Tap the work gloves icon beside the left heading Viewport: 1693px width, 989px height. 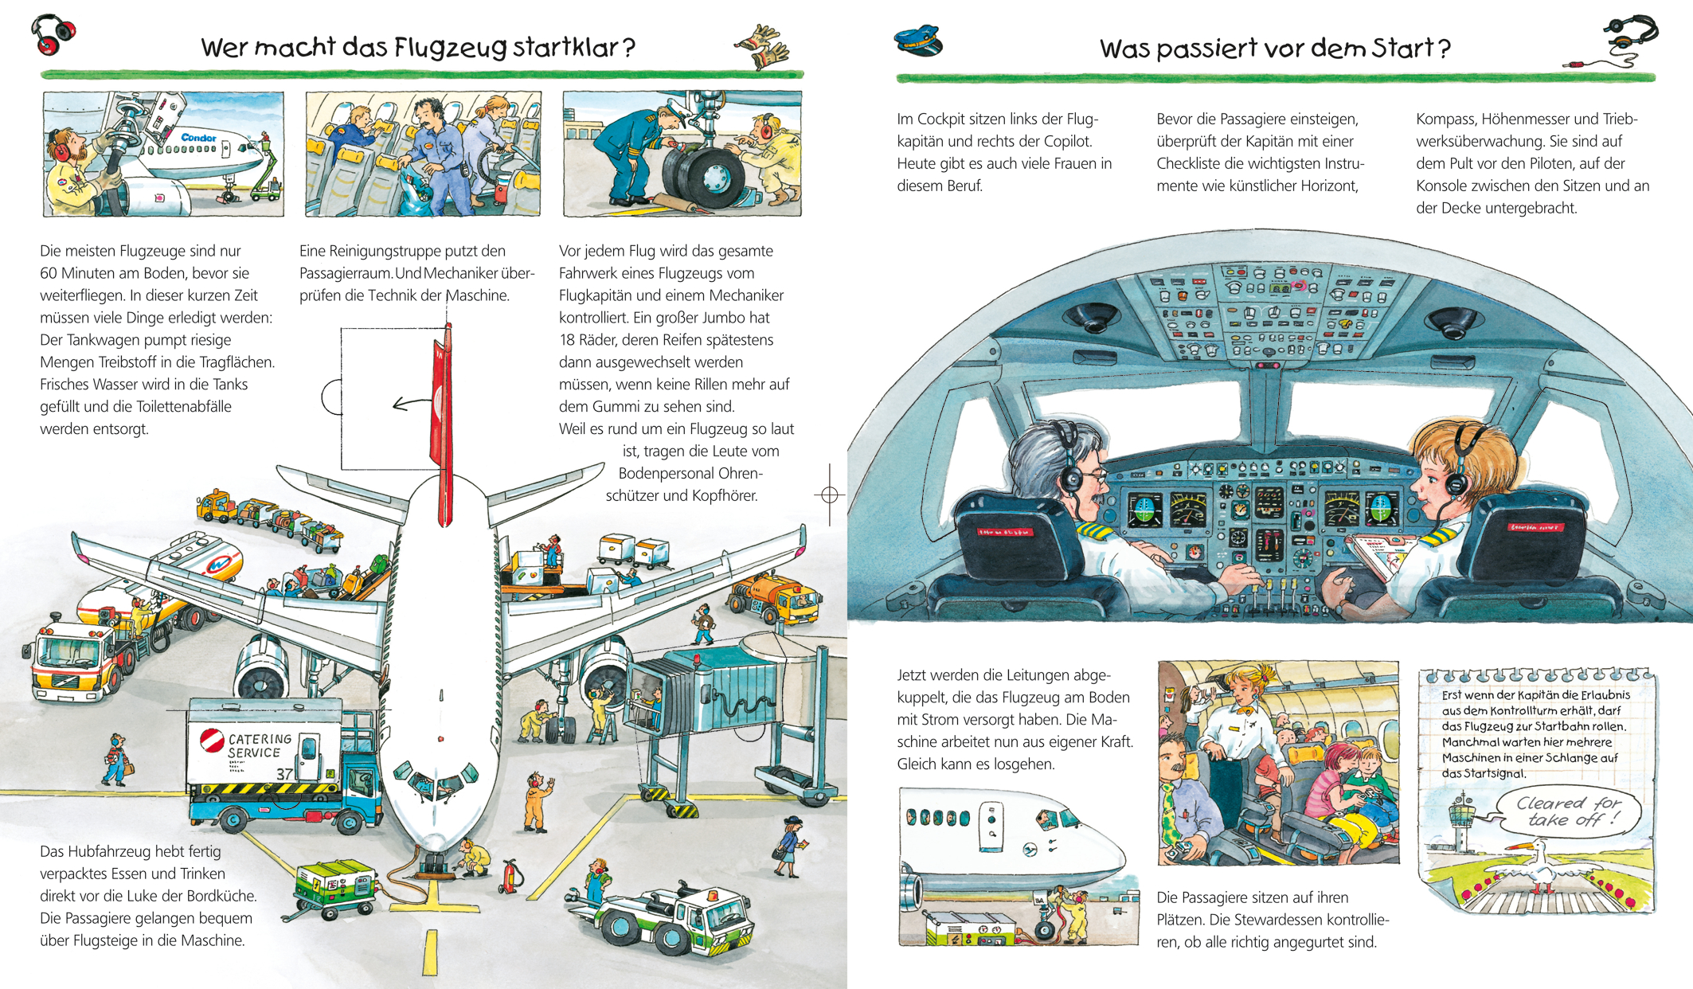(x=762, y=47)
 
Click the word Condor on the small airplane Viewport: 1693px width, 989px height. (x=198, y=138)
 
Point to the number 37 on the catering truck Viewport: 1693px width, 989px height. (x=285, y=773)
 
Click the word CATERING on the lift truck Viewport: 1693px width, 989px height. (x=260, y=740)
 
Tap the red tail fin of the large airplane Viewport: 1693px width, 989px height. (x=442, y=425)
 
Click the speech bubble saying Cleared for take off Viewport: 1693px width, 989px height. (x=1568, y=811)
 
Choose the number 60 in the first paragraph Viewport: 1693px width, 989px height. (x=50, y=273)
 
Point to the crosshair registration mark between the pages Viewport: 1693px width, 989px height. (x=829, y=494)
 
